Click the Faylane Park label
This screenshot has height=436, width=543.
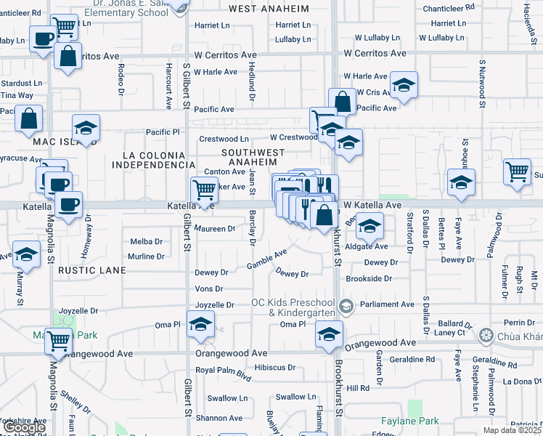[410, 421]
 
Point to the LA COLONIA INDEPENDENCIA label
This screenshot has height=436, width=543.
[159, 160]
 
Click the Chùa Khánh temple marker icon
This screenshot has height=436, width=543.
[486, 335]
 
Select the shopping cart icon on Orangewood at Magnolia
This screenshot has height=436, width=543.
[58, 339]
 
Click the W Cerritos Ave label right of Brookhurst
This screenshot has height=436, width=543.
[375, 54]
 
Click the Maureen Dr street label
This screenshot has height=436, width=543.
[215, 228]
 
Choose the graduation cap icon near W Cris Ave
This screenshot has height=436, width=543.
[403, 85]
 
